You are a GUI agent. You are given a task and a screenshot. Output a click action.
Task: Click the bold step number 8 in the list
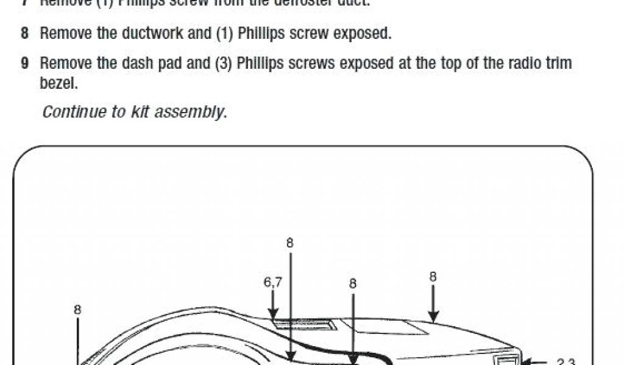[x=24, y=33]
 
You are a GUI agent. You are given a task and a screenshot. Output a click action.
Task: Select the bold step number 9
[x=24, y=63]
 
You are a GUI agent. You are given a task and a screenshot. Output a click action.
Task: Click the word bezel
[x=58, y=83]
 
